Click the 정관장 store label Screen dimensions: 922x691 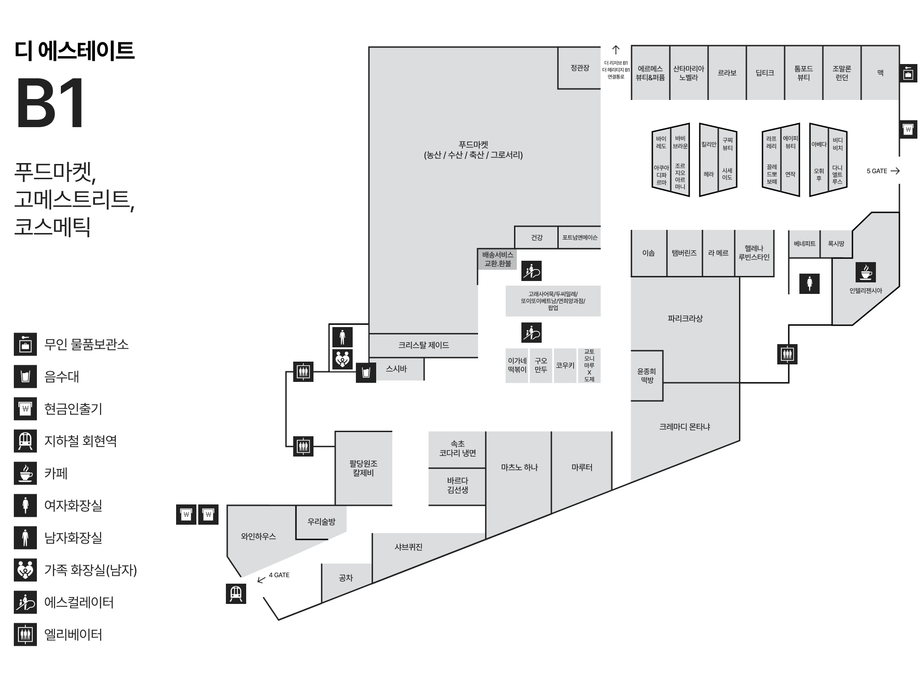pos(579,68)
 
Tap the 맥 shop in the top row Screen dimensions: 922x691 pos(880,73)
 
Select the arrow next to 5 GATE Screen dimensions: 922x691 pos(895,171)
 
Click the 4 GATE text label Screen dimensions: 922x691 pos(279,575)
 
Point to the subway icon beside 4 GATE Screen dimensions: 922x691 pos(236,593)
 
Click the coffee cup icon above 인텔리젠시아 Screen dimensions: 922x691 pos(866,272)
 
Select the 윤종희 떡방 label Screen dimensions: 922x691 pos(646,375)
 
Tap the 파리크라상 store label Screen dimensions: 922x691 pos(685,318)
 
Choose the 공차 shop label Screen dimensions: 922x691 pos(346,578)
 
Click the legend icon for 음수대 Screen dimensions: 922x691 pos(25,376)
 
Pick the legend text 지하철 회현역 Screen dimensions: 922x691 pos(80,441)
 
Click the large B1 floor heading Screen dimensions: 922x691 pos(51,103)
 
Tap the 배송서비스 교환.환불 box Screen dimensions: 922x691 pos(497,259)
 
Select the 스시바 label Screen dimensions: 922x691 pos(396,369)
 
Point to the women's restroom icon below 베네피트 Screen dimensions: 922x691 pos(810,283)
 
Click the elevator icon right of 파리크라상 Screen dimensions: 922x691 pos(787,354)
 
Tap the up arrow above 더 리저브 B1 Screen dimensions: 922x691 pos(616,50)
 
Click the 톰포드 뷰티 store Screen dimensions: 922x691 pos(804,73)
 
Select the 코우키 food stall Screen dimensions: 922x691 pos(565,365)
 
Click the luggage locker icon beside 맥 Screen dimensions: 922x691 pos(908,73)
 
